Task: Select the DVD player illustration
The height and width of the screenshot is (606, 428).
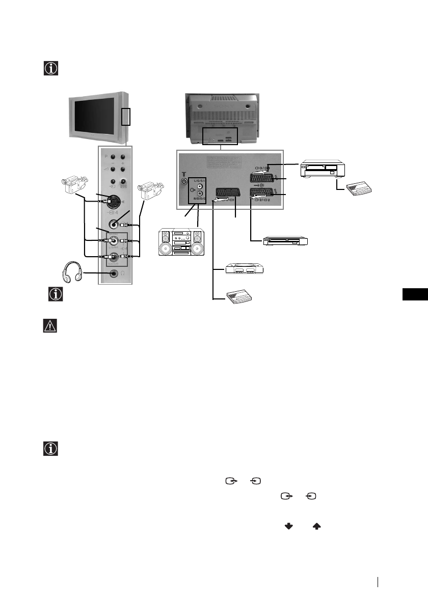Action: tap(286, 240)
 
